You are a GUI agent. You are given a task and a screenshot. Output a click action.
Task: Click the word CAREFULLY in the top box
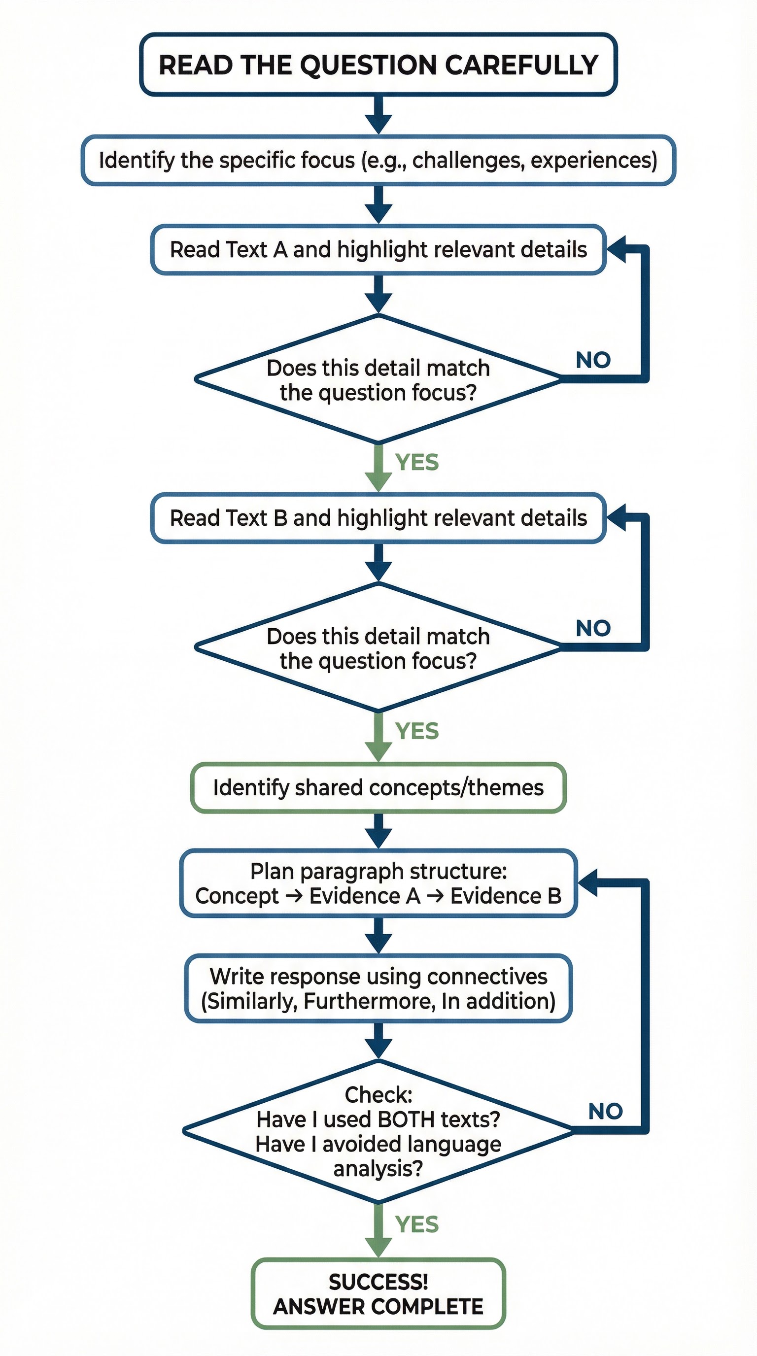[521, 65]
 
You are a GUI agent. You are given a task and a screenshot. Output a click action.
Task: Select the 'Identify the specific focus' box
[378, 161]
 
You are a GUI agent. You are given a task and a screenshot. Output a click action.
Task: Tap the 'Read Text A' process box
[378, 250]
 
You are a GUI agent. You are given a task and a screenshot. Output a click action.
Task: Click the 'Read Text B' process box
[378, 518]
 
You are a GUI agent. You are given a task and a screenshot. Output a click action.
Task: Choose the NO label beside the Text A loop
[593, 361]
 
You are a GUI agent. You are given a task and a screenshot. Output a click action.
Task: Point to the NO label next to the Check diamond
[605, 1112]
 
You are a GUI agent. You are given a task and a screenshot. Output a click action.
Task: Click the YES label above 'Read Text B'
[417, 463]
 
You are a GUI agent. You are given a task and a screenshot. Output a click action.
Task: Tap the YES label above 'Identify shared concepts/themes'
[417, 731]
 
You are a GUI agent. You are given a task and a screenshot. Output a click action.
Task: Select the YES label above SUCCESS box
[417, 1224]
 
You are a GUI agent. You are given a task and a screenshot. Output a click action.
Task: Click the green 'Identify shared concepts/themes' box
[378, 788]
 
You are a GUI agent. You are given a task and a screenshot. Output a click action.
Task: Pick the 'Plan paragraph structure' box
[378, 884]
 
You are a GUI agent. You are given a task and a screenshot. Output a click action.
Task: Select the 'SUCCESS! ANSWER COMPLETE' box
[378, 1294]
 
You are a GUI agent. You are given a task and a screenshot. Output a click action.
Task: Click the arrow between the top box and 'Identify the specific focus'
[378, 115]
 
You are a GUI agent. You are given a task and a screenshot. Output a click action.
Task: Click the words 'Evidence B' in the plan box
[505, 896]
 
